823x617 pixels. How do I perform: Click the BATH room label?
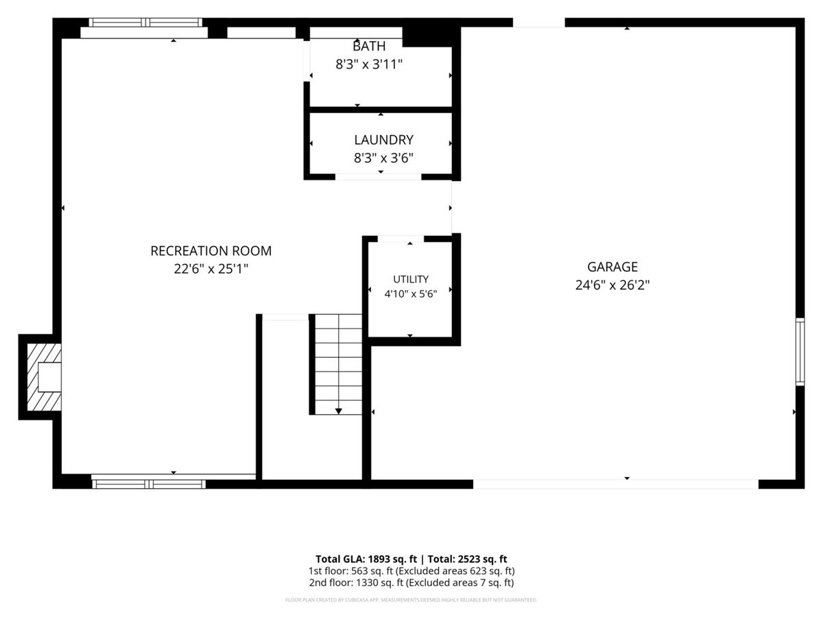coord(369,46)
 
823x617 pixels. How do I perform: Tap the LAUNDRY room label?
coord(383,140)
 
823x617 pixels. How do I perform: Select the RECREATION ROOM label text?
coord(211,251)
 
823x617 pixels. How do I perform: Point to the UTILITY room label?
coord(411,279)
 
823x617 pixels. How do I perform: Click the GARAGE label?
coord(612,267)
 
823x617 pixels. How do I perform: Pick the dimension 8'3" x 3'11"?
coord(369,64)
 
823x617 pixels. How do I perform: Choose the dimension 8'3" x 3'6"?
coord(383,158)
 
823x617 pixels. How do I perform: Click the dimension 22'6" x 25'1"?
coord(211,269)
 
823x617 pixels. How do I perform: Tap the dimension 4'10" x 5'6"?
coord(411,293)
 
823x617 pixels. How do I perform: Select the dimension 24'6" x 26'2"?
coord(612,285)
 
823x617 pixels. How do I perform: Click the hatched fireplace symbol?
coord(45,377)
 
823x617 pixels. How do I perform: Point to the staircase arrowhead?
coord(338,411)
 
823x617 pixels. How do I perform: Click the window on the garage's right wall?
coord(800,352)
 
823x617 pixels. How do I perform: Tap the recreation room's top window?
coord(145,23)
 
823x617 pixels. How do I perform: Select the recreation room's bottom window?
coord(149,484)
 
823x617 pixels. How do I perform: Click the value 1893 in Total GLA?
coord(379,559)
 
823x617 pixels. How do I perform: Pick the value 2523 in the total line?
coord(469,559)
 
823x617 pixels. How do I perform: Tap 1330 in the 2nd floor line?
coord(366,583)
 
